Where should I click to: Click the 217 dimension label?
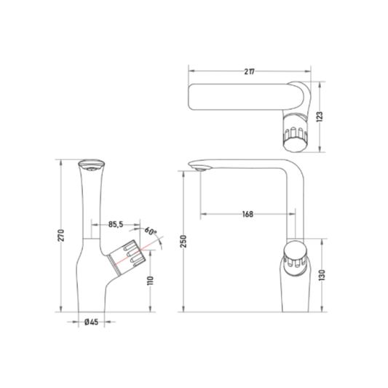pyautogui.click(x=249, y=72)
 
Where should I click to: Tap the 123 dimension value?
pyautogui.click(x=320, y=116)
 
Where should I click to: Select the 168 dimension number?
pyautogui.click(x=248, y=214)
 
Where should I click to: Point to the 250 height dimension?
pyautogui.click(x=183, y=241)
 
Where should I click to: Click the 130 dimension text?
pyautogui.click(x=322, y=275)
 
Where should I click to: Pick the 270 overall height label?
pyautogui.click(x=61, y=235)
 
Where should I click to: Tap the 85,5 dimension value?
pyautogui.click(x=116, y=224)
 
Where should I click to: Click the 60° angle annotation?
pyautogui.click(x=151, y=231)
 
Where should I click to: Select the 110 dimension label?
pyautogui.click(x=150, y=280)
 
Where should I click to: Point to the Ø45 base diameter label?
pyautogui.click(x=91, y=322)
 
